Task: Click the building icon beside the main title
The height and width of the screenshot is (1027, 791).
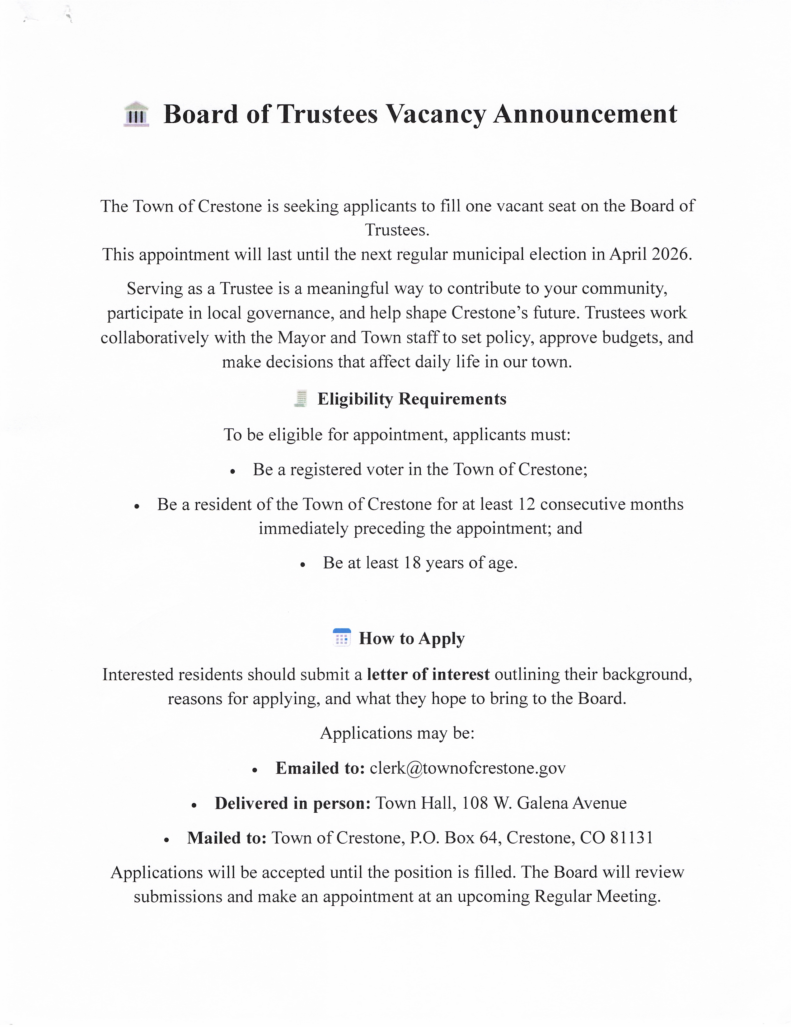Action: coord(136,114)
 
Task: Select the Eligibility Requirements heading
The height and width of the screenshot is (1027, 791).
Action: coord(411,399)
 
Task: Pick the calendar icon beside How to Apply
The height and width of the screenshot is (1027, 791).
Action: coord(341,638)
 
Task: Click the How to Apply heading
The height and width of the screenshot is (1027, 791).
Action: coord(411,639)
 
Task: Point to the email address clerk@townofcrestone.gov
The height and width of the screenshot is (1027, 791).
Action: coord(467,768)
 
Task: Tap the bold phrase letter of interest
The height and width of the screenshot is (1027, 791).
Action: coord(428,674)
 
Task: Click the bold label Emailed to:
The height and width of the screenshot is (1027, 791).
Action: coord(320,768)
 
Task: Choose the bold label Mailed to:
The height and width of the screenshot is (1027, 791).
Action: coord(227,838)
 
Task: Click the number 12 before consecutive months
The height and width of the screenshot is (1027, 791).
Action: coord(526,504)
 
